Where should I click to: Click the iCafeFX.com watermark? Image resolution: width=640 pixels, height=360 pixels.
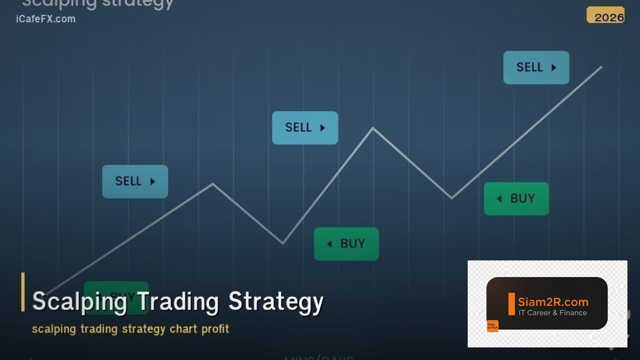[46, 19]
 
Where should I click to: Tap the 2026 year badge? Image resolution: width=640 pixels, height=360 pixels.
[607, 16]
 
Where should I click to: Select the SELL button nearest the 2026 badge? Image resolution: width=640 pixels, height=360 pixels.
[536, 67]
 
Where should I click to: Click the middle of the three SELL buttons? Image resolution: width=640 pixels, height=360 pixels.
[305, 127]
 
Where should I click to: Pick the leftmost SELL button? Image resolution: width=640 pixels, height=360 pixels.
[135, 181]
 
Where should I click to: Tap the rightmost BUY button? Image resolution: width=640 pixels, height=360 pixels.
[516, 199]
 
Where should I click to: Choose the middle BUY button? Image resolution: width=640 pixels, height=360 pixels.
[346, 243]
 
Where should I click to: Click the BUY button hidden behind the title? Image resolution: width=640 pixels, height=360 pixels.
[116, 297]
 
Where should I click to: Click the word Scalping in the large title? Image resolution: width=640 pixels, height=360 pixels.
[79, 301]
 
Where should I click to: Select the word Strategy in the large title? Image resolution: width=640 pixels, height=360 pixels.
[276, 301]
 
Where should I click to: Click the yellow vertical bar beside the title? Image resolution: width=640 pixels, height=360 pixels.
[23, 292]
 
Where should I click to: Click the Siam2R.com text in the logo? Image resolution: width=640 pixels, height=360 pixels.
[553, 302]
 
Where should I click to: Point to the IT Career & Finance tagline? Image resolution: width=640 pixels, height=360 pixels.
[552, 313]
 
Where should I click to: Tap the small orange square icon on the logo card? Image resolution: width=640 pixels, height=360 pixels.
[492, 326]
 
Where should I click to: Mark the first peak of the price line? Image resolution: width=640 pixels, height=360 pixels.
[213, 184]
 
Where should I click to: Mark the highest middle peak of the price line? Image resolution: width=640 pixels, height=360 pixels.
[373, 128]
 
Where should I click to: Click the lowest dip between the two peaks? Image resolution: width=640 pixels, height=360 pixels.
[283, 243]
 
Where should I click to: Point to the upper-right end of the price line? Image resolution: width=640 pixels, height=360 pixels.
[601, 67]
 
